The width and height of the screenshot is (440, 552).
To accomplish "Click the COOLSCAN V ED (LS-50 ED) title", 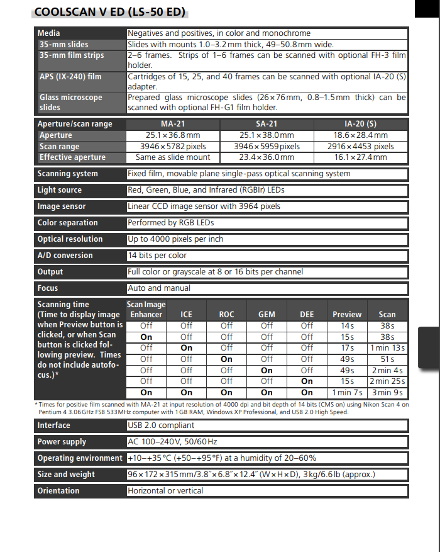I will point(110,12).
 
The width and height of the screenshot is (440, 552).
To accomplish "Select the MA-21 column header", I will point(173,124).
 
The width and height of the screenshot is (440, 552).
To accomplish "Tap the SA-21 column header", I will point(267,124).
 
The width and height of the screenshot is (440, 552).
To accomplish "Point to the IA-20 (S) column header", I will point(360,124).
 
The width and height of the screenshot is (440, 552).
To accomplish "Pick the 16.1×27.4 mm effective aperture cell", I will point(360,157).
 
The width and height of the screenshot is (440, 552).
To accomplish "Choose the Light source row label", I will point(60,190).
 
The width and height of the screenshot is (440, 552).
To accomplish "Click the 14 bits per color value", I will point(157,256).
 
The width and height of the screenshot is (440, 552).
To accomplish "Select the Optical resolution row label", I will point(70,239).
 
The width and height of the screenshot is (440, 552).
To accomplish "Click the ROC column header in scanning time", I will point(226,314).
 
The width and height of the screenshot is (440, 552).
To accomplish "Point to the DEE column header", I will point(307,314).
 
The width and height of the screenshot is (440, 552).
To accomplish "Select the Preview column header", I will point(347,314).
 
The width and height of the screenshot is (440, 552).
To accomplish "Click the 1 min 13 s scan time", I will point(388,348).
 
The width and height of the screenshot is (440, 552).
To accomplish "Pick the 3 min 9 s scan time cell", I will point(388,393).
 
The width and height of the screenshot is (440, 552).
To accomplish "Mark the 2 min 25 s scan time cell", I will point(388,381).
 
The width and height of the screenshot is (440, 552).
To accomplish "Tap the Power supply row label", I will point(62,442).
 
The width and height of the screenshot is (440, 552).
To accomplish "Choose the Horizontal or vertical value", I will point(165,491).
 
